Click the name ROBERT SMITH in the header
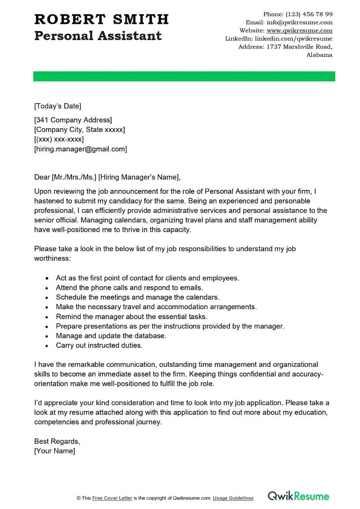[101, 19]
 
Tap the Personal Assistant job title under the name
[98, 36]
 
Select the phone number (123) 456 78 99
[309, 14]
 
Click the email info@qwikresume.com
[300, 23]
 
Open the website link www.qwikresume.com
[300, 31]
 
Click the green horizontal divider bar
[184, 77]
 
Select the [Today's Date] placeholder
[58, 106]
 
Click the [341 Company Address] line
[73, 120]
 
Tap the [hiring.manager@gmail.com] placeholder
[81, 149]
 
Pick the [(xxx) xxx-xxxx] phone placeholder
[59, 139]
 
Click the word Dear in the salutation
[42, 176]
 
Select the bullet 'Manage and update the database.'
[111, 336]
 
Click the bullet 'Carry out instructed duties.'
[99, 346]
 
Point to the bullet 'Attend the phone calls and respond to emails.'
[130, 288]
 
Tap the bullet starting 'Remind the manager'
[131, 316]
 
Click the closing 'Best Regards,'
[57, 441]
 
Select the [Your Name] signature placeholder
[54, 450]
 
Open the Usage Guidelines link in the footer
[233, 498]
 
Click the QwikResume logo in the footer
[299, 496]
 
